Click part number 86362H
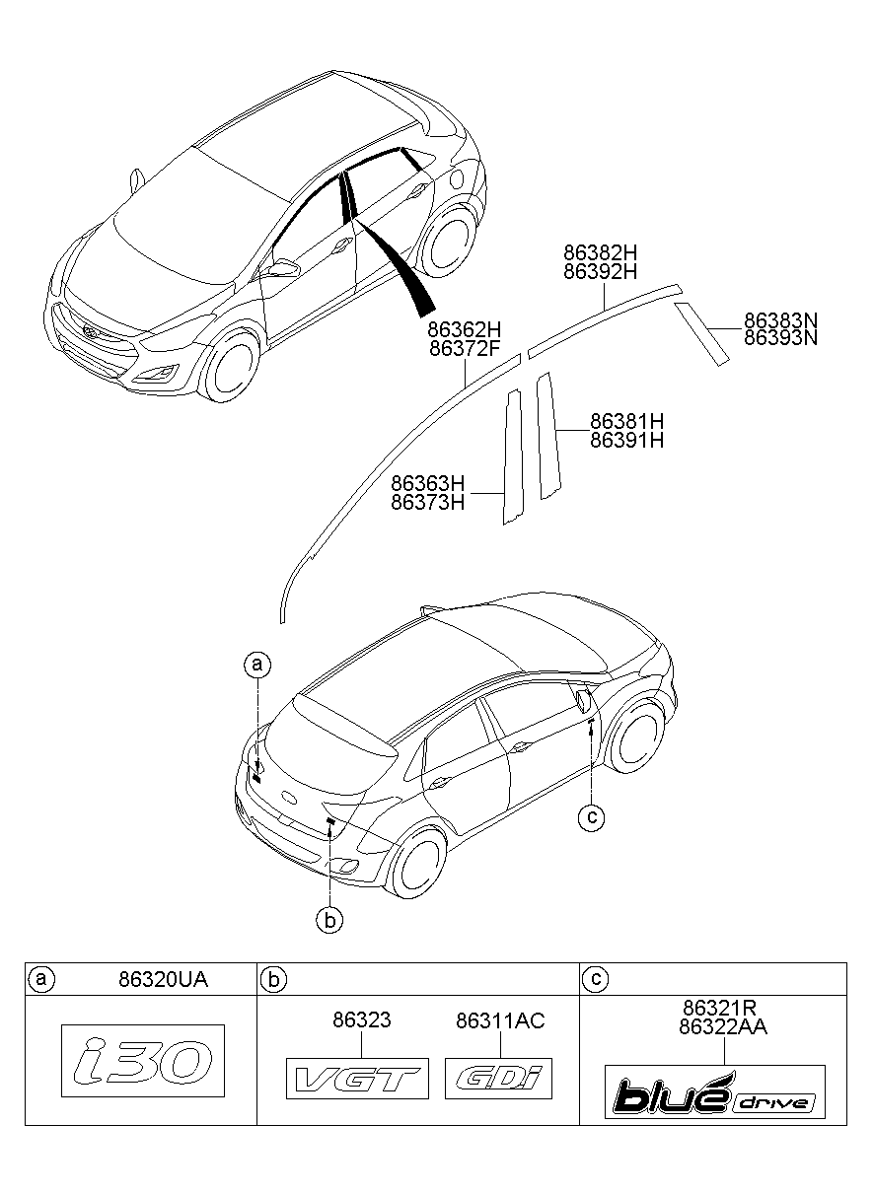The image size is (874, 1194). coord(466,329)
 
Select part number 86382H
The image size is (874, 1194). coord(602,252)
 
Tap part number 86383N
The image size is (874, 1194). coord(781,321)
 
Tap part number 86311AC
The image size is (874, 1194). coord(500,1020)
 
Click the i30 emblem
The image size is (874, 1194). coord(143,1061)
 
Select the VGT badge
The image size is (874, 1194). coord(357,1079)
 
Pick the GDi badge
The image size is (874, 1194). coord(499,1079)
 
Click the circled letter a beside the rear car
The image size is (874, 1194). coord(256,665)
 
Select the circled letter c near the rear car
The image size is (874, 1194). coord(590,816)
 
